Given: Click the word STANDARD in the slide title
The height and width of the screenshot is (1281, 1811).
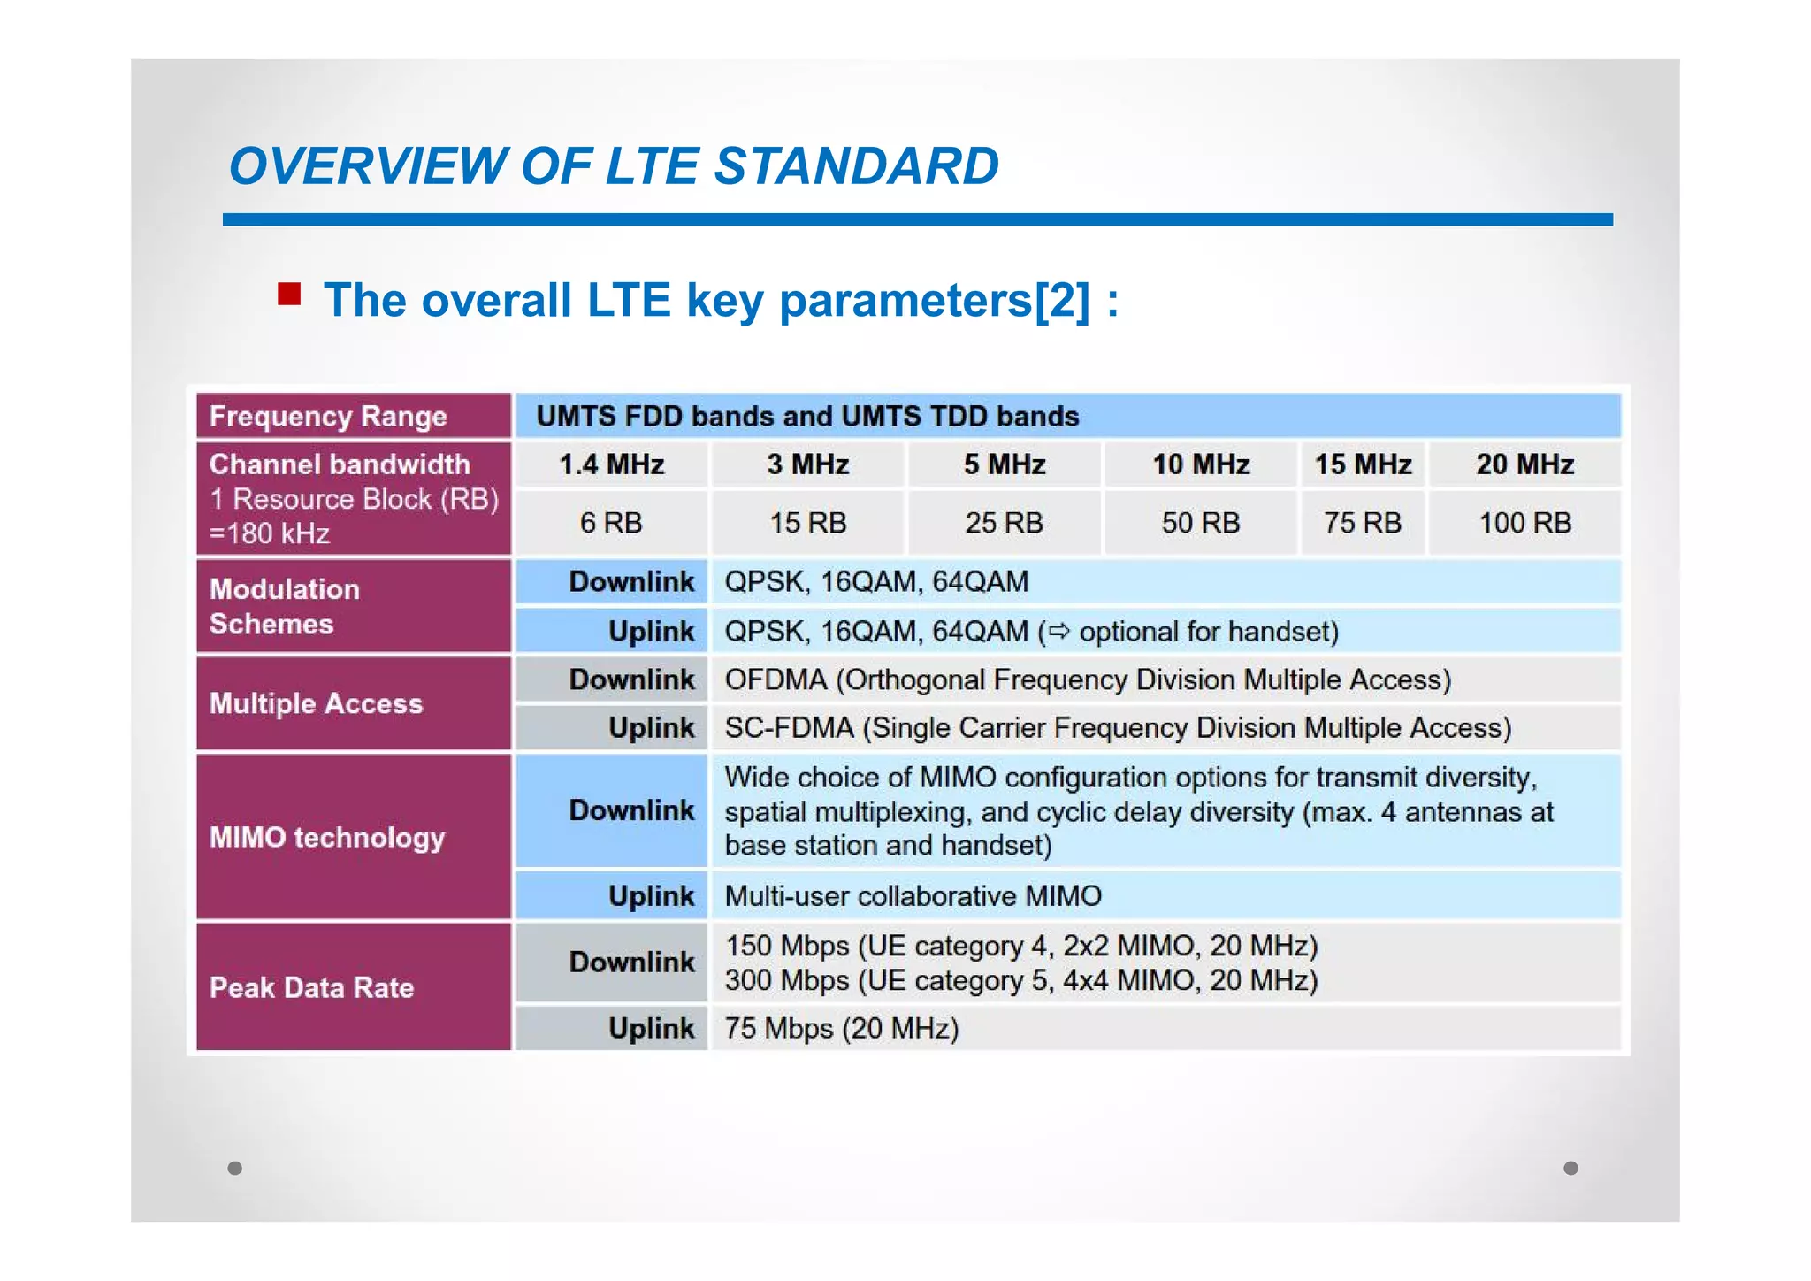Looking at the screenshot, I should click(x=856, y=166).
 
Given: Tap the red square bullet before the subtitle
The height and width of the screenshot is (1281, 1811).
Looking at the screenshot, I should click(x=289, y=294).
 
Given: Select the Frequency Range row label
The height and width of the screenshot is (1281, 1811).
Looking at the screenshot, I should click(x=328, y=416).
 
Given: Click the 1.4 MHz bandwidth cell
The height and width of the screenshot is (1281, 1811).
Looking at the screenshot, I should click(x=611, y=464).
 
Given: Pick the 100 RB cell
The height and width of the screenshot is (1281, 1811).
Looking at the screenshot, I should click(x=1524, y=523).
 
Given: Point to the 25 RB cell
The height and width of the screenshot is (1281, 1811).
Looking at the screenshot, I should click(x=1004, y=523).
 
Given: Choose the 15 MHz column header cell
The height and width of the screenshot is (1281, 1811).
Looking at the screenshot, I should click(x=1362, y=464).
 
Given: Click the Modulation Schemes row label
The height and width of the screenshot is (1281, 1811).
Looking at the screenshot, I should click(x=285, y=607).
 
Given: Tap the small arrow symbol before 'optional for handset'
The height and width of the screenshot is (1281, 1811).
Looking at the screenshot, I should click(x=1058, y=632).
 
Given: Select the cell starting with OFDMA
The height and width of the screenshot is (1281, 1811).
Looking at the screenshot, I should click(x=1087, y=679).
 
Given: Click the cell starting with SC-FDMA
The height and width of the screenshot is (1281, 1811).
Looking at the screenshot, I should click(x=1117, y=728).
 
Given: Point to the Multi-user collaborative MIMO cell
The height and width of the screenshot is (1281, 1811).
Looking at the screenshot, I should click(x=913, y=896).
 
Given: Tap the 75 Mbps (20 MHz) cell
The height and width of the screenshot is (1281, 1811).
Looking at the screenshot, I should click(x=841, y=1029).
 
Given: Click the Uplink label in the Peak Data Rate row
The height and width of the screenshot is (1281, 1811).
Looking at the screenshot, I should click(x=651, y=1029).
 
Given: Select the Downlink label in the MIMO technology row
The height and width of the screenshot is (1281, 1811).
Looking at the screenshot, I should click(x=631, y=810).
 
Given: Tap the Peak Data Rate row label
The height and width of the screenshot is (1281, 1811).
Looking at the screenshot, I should click(x=311, y=987).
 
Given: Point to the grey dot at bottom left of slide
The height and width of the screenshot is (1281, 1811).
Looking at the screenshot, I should click(x=234, y=1168).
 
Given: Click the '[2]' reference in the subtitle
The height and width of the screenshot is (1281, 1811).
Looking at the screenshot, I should click(x=1062, y=300).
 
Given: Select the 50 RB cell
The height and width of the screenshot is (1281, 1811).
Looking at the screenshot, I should click(x=1200, y=523).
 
